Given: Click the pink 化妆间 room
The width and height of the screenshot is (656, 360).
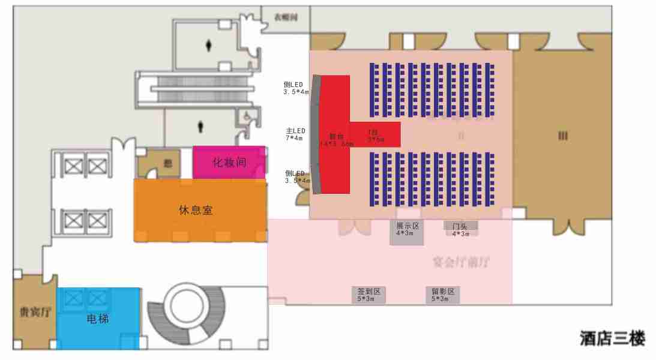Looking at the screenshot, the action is pyautogui.click(x=229, y=162).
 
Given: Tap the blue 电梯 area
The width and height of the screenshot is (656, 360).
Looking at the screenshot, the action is pyautogui.click(x=98, y=319).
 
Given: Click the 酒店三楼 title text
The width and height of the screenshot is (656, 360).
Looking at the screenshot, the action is pyautogui.click(x=612, y=338).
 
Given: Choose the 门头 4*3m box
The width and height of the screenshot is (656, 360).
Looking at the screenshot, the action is pyautogui.click(x=460, y=229).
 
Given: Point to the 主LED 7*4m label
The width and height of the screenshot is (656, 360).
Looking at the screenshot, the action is pyautogui.click(x=295, y=134).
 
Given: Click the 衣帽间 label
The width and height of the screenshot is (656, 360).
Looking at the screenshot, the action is pyautogui.click(x=286, y=17).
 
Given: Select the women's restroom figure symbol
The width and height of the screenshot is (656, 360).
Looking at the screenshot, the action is pyautogui.click(x=209, y=44).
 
